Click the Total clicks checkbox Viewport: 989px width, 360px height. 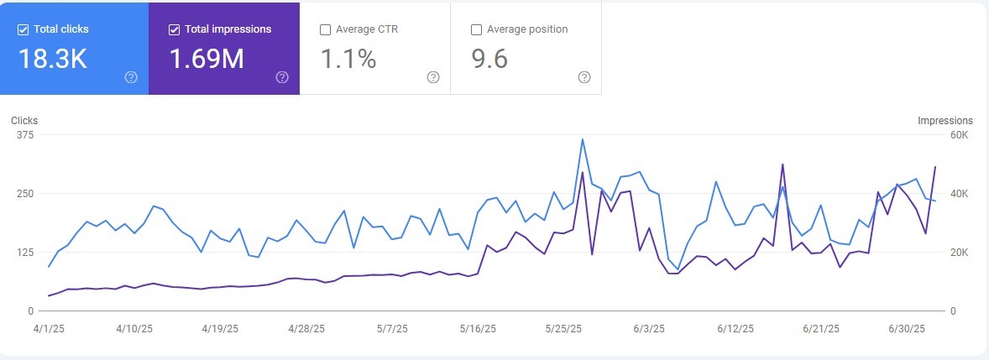pyautogui.click(x=23, y=29)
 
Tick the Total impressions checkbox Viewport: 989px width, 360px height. pyautogui.click(x=174, y=29)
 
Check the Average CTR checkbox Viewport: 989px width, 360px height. pyautogui.click(x=325, y=29)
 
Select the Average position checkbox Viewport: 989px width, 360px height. pyautogui.click(x=476, y=29)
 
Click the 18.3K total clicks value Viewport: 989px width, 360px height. pyautogui.click(x=52, y=60)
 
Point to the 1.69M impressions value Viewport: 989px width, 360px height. pyautogui.click(x=207, y=60)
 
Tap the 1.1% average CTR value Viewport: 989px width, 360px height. pyautogui.click(x=348, y=60)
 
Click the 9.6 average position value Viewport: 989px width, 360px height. pyautogui.click(x=489, y=60)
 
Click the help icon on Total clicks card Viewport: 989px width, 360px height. pyautogui.click(x=131, y=77)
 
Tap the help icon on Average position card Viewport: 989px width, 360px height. pyautogui.click(x=584, y=77)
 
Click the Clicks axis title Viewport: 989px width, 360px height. pyautogui.click(x=24, y=121)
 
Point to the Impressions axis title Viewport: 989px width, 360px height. pyautogui.click(x=945, y=121)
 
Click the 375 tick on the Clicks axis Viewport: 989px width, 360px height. pyautogui.click(x=24, y=135)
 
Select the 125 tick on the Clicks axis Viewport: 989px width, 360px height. pyautogui.click(x=24, y=253)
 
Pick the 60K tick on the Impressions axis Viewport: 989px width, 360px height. pyautogui.click(x=959, y=135)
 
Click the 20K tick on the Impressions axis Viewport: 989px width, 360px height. pyautogui.click(x=959, y=253)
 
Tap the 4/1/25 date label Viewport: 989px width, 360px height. pyautogui.click(x=49, y=328)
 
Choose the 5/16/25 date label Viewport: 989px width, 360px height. pyautogui.click(x=479, y=328)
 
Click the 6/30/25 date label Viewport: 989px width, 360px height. pyautogui.click(x=908, y=328)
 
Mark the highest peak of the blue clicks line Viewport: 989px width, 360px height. pyautogui.click(x=583, y=139)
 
